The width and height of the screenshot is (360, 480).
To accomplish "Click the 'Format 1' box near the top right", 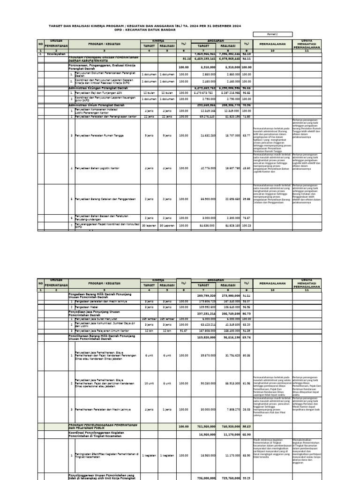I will pyautogui.click(x=272, y=34).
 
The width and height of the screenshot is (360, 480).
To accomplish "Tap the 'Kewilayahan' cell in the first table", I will pyautogui.click(x=55, y=54).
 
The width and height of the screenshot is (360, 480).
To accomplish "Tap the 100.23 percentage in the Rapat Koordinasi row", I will pyautogui.click(x=246, y=225).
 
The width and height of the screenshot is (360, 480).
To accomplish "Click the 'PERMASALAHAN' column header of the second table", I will pyautogui.click(x=272, y=284).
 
